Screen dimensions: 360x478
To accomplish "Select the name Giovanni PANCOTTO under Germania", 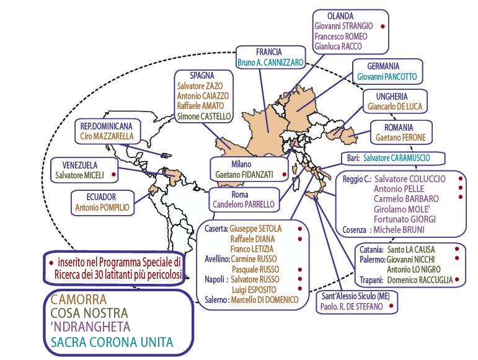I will [x=383, y=77].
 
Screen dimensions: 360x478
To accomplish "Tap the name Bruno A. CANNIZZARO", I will [x=270, y=63].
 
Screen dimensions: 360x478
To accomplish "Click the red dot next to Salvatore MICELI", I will [x=113, y=175].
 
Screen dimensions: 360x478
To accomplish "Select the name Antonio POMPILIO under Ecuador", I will [x=102, y=208].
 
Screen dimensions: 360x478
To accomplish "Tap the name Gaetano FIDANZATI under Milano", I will [x=246, y=176].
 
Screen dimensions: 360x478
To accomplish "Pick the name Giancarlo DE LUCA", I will [x=392, y=107].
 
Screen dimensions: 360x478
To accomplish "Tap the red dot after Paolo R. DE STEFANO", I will [x=391, y=305].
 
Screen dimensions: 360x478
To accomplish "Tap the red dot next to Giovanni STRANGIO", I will [x=383, y=27].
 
